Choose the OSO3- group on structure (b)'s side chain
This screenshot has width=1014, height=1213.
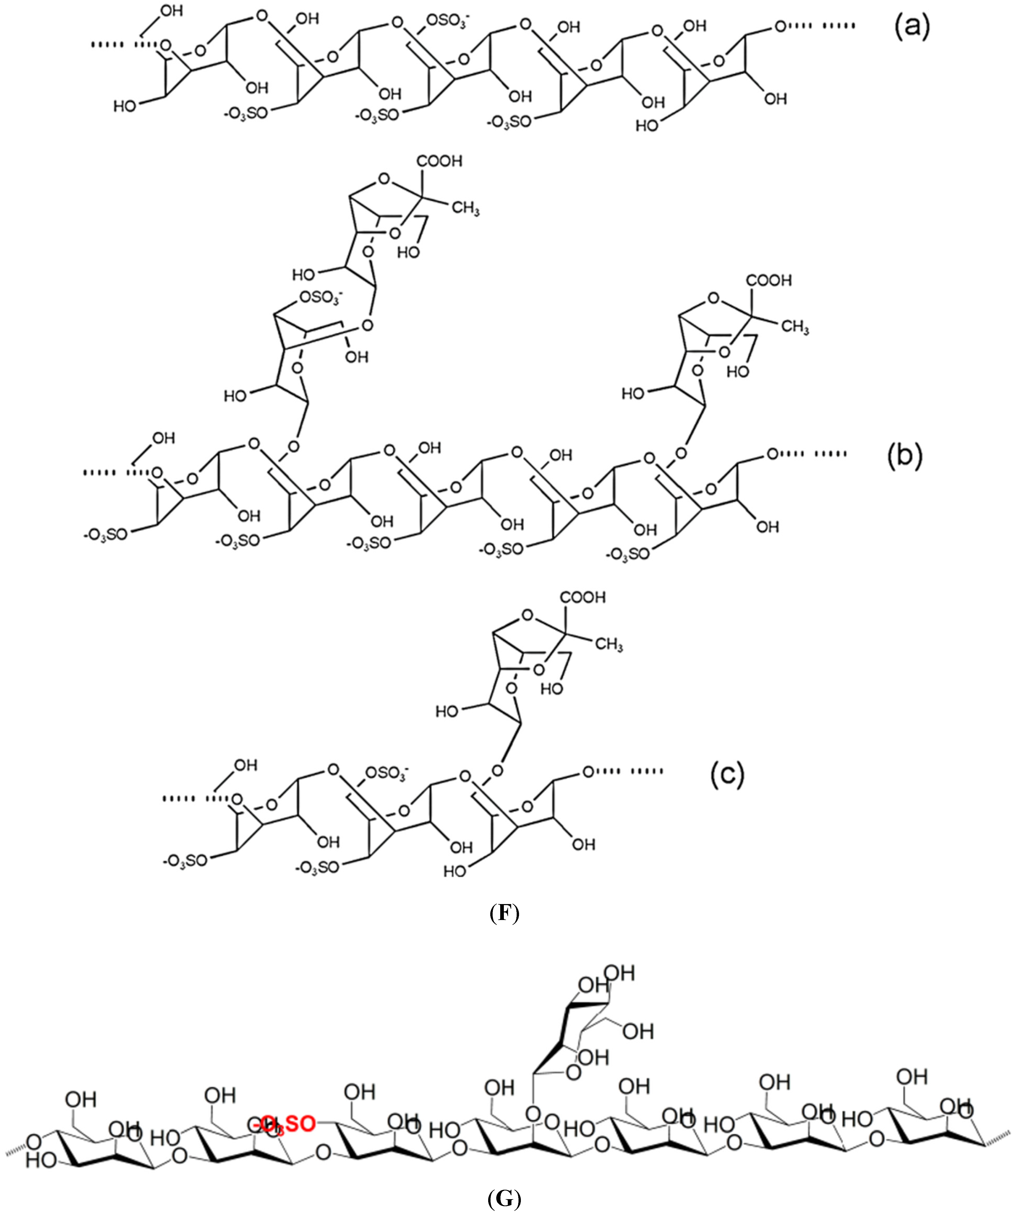(x=320, y=299)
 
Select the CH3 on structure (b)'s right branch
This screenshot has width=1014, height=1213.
(x=795, y=327)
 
